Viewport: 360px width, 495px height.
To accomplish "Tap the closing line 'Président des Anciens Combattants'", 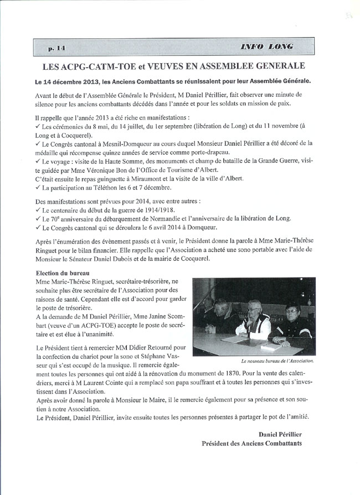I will click(252, 442).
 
